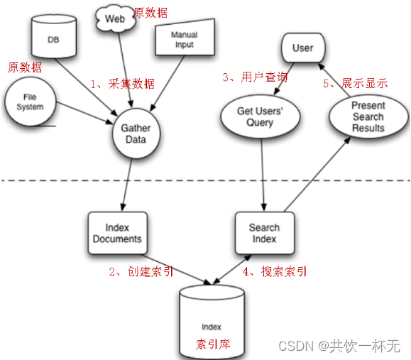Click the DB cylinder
(x=54, y=40)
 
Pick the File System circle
(x=30, y=102)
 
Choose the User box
(x=302, y=48)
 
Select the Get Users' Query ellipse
(x=255, y=116)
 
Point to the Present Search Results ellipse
(x=368, y=116)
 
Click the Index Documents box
(x=117, y=233)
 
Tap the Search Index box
(x=264, y=233)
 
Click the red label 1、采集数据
(x=121, y=83)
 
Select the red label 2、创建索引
(x=141, y=272)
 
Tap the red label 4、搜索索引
(x=275, y=272)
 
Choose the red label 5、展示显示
(x=355, y=83)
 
